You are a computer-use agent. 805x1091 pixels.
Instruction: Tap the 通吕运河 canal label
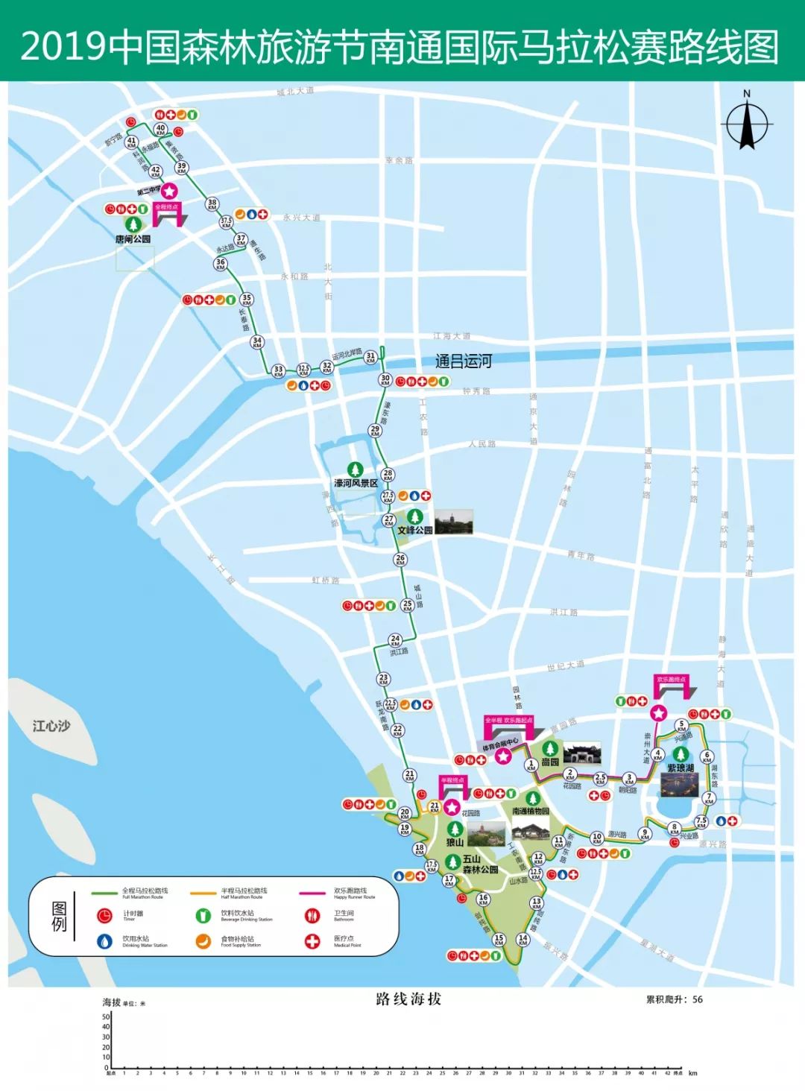pyautogui.click(x=464, y=361)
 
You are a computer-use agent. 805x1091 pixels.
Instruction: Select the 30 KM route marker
pyautogui.click(x=385, y=380)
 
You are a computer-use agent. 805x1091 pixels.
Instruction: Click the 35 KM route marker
pyautogui.click(x=247, y=299)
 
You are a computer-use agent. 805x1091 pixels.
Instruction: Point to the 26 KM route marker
pyautogui.click(x=400, y=559)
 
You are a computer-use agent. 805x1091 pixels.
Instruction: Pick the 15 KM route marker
pyautogui.click(x=499, y=940)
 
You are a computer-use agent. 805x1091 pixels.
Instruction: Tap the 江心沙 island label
pyautogui.click(x=51, y=725)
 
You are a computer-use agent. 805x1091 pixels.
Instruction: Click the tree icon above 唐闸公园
pyautogui.click(x=133, y=224)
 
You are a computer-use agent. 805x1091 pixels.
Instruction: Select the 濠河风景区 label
pyautogui.click(x=356, y=483)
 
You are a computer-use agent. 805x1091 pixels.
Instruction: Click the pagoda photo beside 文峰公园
pyautogui.click(x=454, y=522)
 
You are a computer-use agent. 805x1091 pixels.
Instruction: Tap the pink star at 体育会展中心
pyautogui.click(x=504, y=757)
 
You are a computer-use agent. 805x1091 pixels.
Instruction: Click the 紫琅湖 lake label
pyautogui.click(x=681, y=768)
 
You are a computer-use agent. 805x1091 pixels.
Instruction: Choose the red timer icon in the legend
pyautogui.click(x=105, y=915)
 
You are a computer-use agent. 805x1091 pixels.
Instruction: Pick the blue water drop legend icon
pyautogui.click(x=105, y=941)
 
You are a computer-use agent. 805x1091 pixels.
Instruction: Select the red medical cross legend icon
pyautogui.click(x=312, y=941)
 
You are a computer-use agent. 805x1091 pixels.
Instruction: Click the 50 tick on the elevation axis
pyautogui.click(x=106, y=1016)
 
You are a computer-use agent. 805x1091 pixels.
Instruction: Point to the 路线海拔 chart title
pyautogui.click(x=408, y=999)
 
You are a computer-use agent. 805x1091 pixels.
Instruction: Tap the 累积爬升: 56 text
pyautogui.click(x=674, y=999)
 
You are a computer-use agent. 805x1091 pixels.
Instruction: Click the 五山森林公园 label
pyautogui.click(x=480, y=864)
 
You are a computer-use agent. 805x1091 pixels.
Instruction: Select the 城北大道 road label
pyautogui.click(x=295, y=91)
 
